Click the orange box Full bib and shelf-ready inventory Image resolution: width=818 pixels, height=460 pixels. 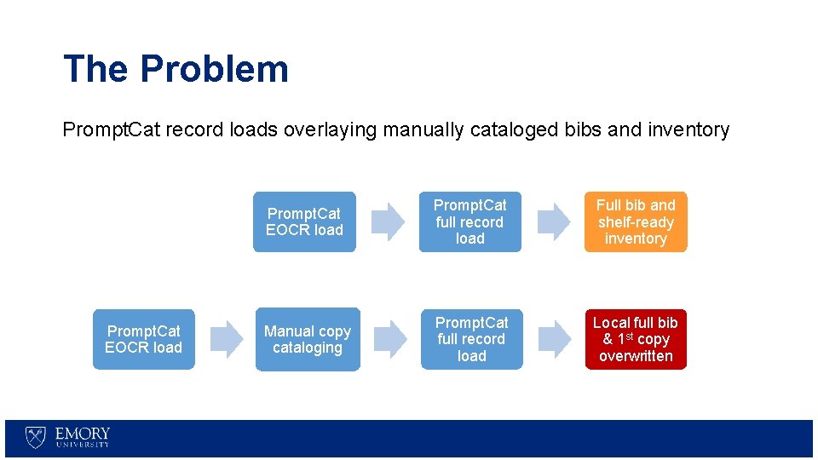tap(635, 221)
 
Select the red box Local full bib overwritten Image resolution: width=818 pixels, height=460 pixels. tap(635, 339)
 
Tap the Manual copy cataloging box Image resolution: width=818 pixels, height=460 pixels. tap(308, 339)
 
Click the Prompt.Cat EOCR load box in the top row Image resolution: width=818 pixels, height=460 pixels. tap(304, 221)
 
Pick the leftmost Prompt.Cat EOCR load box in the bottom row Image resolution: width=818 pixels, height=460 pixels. tap(143, 339)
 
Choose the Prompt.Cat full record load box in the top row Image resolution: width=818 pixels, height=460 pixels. tap(469, 221)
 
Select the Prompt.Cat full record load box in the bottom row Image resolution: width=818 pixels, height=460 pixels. tap(471, 339)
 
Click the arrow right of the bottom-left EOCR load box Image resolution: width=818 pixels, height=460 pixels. tap(225, 339)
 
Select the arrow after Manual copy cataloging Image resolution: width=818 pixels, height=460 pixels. tap(389, 339)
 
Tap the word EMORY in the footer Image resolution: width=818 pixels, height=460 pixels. tap(83, 434)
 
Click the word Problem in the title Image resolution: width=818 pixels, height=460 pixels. tap(215, 69)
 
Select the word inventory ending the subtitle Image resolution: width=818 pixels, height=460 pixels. tap(691, 130)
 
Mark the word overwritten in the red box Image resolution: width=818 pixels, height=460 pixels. tap(636, 356)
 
